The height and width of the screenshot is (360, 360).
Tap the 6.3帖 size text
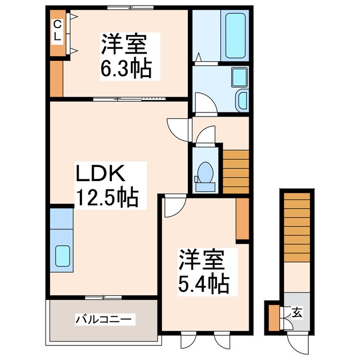[126, 69]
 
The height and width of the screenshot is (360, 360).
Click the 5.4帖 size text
[204, 284]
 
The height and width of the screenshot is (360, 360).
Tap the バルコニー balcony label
[105, 319]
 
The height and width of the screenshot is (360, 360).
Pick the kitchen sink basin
[62, 256]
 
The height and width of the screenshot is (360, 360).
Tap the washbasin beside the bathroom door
[241, 100]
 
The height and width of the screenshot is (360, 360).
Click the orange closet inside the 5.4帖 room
[242, 219]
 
